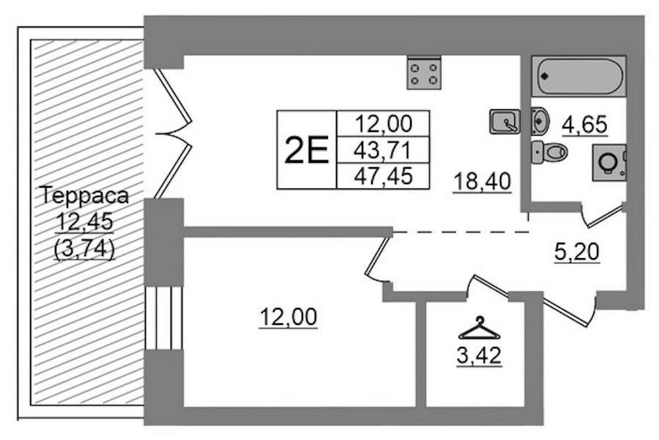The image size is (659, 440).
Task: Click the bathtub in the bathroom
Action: coord(578,76)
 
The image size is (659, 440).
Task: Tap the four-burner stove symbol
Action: coord(424,73)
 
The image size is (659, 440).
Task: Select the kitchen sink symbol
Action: coord(505,122)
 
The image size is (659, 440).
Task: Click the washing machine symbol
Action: coord(609,163)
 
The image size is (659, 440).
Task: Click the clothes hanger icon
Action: coord(479,328)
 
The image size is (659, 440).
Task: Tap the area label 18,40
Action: coord(482,182)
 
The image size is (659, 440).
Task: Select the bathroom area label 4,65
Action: coord(585,125)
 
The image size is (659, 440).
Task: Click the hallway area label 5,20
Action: coord(577,252)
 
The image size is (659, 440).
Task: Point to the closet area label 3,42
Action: coord(479,356)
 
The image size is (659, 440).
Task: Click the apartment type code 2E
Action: coord(306,151)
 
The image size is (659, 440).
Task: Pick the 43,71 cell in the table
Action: coord(382,150)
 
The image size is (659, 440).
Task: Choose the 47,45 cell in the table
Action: coord(382,175)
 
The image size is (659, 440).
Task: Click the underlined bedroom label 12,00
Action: coord(288,317)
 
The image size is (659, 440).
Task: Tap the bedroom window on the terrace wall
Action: coord(164,318)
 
